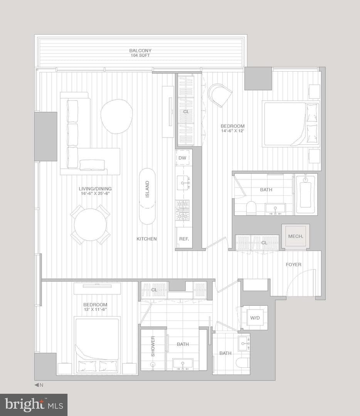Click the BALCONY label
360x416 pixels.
[140, 50]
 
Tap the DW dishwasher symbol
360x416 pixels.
[182, 158]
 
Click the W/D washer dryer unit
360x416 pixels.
[255, 318]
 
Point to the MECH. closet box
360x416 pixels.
[296, 236]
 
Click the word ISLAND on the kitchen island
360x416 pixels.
[147, 189]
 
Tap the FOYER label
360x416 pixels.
[293, 265]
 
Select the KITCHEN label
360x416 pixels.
[146, 239]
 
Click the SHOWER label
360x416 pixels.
[153, 347]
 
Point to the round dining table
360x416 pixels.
[90, 225]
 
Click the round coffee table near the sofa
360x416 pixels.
[116, 116]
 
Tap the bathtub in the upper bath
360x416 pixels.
[305, 194]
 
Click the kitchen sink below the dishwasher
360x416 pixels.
[182, 183]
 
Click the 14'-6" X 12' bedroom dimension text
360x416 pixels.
[232, 131]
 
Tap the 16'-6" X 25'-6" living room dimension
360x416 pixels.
[95, 193]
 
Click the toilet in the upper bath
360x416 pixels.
[251, 208]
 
